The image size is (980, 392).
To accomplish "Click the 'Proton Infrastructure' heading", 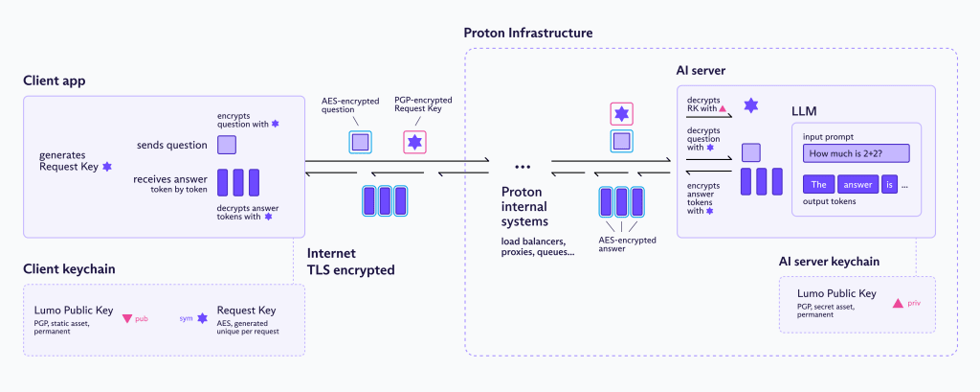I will (x=528, y=33).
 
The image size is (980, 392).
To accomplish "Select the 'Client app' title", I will (x=55, y=81).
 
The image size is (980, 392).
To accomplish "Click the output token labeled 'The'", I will (x=817, y=185).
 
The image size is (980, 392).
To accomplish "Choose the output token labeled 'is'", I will (x=888, y=185).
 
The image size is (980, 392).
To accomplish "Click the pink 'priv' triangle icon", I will (x=898, y=303).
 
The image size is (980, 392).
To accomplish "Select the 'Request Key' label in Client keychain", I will (x=246, y=311).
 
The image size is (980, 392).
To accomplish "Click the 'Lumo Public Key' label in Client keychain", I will (x=74, y=311).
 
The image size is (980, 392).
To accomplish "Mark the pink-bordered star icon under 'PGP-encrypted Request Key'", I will (x=414, y=142).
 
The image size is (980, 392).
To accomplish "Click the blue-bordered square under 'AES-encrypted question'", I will (x=358, y=142).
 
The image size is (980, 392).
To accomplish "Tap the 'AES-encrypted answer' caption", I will (x=618, y=244).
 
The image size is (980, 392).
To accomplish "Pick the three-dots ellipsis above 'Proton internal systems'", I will (x=523, y=162).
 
